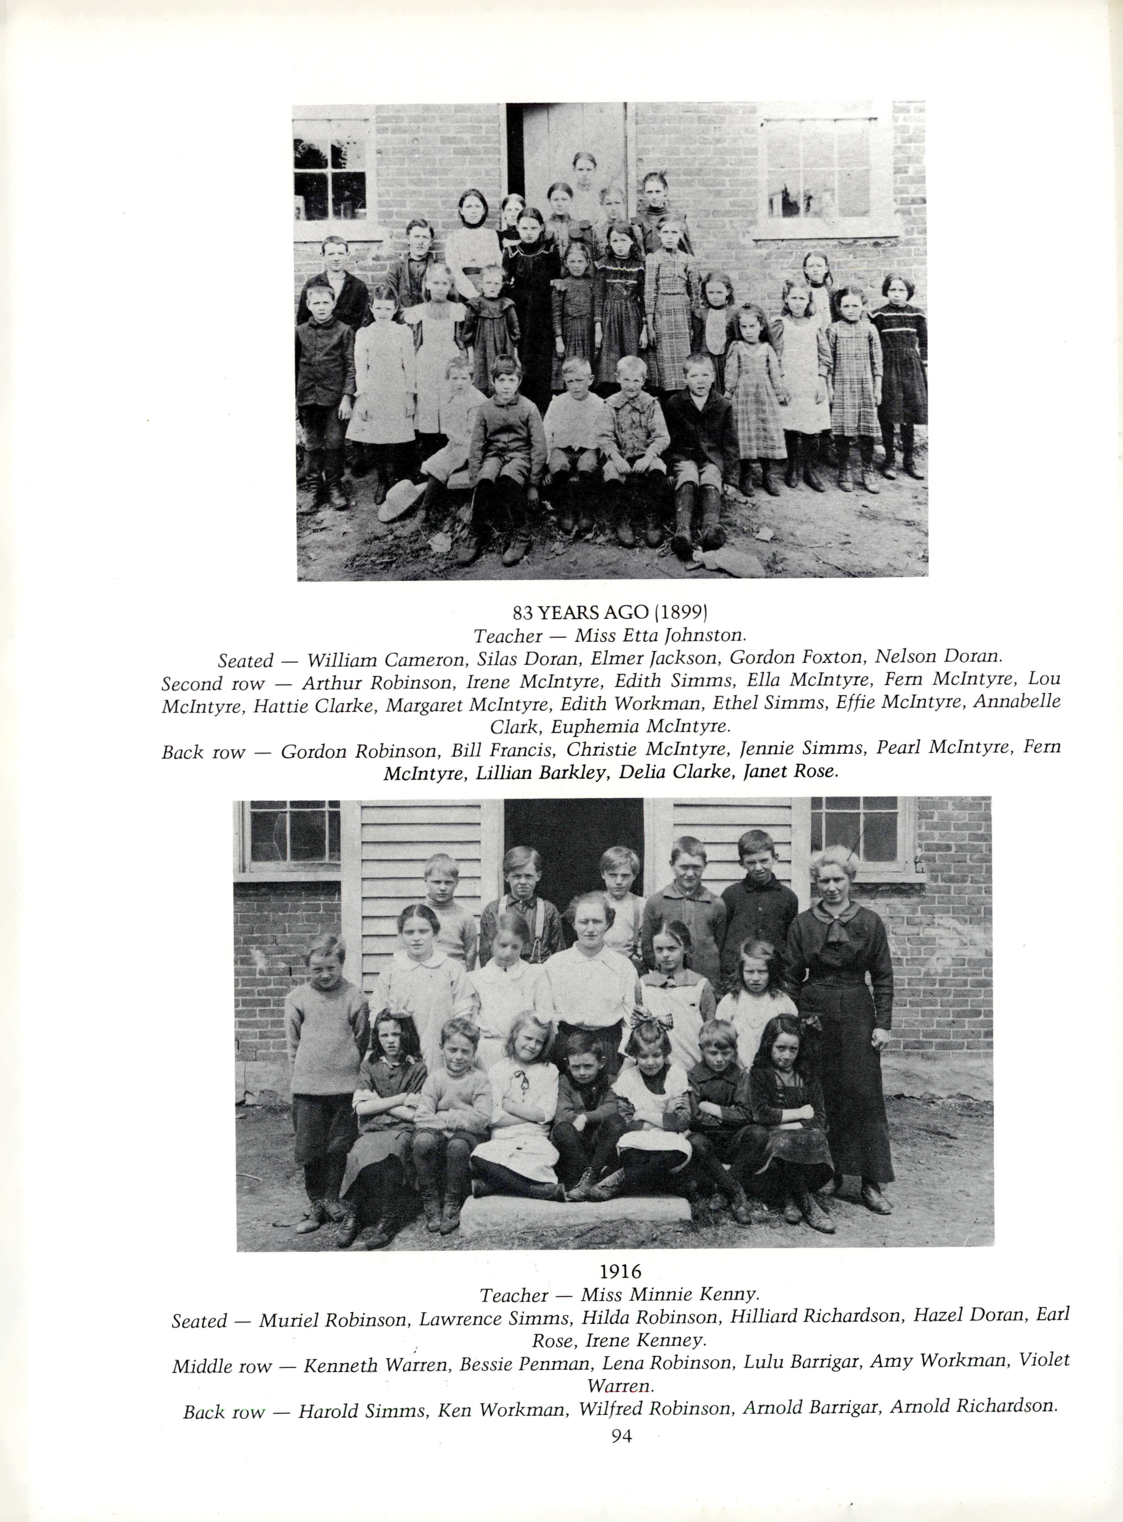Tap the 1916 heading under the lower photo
click(620, 1270)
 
